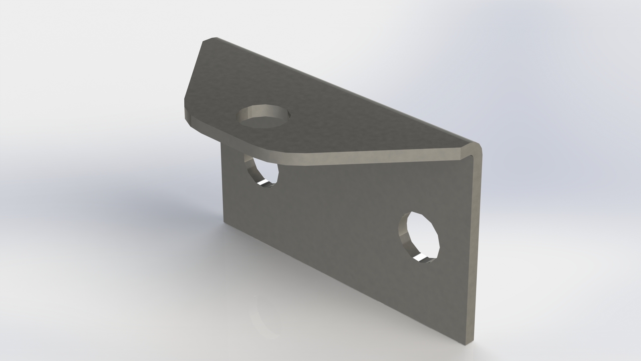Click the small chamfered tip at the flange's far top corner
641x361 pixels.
[210, 40]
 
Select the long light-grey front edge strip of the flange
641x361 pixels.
[381, 158]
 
